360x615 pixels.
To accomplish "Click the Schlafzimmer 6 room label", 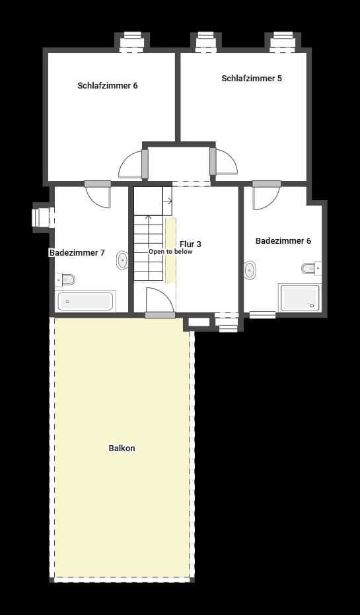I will [107, 86].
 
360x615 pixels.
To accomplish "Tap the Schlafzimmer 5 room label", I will [251, 79].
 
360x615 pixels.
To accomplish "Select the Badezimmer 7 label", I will [77, 253].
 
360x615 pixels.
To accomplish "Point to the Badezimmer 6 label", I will [283, 241].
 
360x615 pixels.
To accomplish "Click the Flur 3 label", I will [190, 244].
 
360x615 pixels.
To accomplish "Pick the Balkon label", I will [122, 449].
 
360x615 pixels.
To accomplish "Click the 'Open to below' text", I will [170, 252].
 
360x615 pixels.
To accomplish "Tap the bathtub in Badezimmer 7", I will [85, 301].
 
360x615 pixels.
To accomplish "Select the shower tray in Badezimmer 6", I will [299, 298].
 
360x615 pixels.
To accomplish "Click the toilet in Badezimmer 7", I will [67, 278].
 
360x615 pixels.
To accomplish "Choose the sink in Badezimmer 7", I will [122, 260].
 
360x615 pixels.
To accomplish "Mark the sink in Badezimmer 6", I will [250, 270].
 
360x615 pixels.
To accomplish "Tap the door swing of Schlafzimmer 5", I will [225, 163].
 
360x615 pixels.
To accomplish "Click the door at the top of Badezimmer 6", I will [266, 196].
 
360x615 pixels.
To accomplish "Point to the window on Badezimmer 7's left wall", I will [42, 217].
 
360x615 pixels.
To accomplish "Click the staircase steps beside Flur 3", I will [148, 248].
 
